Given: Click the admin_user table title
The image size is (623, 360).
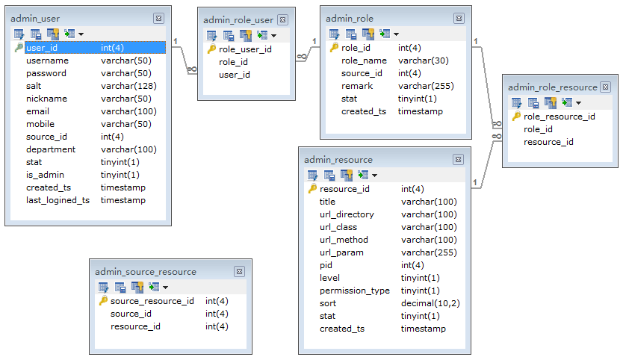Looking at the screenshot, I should [35, 18].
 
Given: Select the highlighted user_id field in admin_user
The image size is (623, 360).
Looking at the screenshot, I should [42, 48].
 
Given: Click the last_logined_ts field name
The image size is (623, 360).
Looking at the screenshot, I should [58, 200].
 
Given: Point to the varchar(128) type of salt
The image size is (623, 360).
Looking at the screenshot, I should [126, 86].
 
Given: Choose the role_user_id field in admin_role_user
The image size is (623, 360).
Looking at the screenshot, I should [245, 49].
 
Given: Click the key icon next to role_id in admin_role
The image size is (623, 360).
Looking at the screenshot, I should [334, 48].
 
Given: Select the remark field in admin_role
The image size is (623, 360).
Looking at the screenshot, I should [356, 86].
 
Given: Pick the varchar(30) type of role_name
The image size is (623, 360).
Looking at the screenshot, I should [423, 60].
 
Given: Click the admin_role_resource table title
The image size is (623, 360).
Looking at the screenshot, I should [552, 87].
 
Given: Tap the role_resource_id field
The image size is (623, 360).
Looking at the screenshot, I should [560, 117].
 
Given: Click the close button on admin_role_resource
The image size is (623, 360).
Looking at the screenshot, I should [605, 87].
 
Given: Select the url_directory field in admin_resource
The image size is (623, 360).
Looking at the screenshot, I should [347, 214].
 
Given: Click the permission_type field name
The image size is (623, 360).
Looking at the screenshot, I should [355, 291].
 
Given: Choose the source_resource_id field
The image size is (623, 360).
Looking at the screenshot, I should [152, 301].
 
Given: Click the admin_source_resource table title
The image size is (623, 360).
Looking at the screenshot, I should [146, 272].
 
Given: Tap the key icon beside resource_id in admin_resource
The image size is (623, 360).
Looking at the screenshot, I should [312, 189].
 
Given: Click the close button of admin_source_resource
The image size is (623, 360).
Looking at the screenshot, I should [239, 272].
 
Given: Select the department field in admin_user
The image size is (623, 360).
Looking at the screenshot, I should [51, 149].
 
